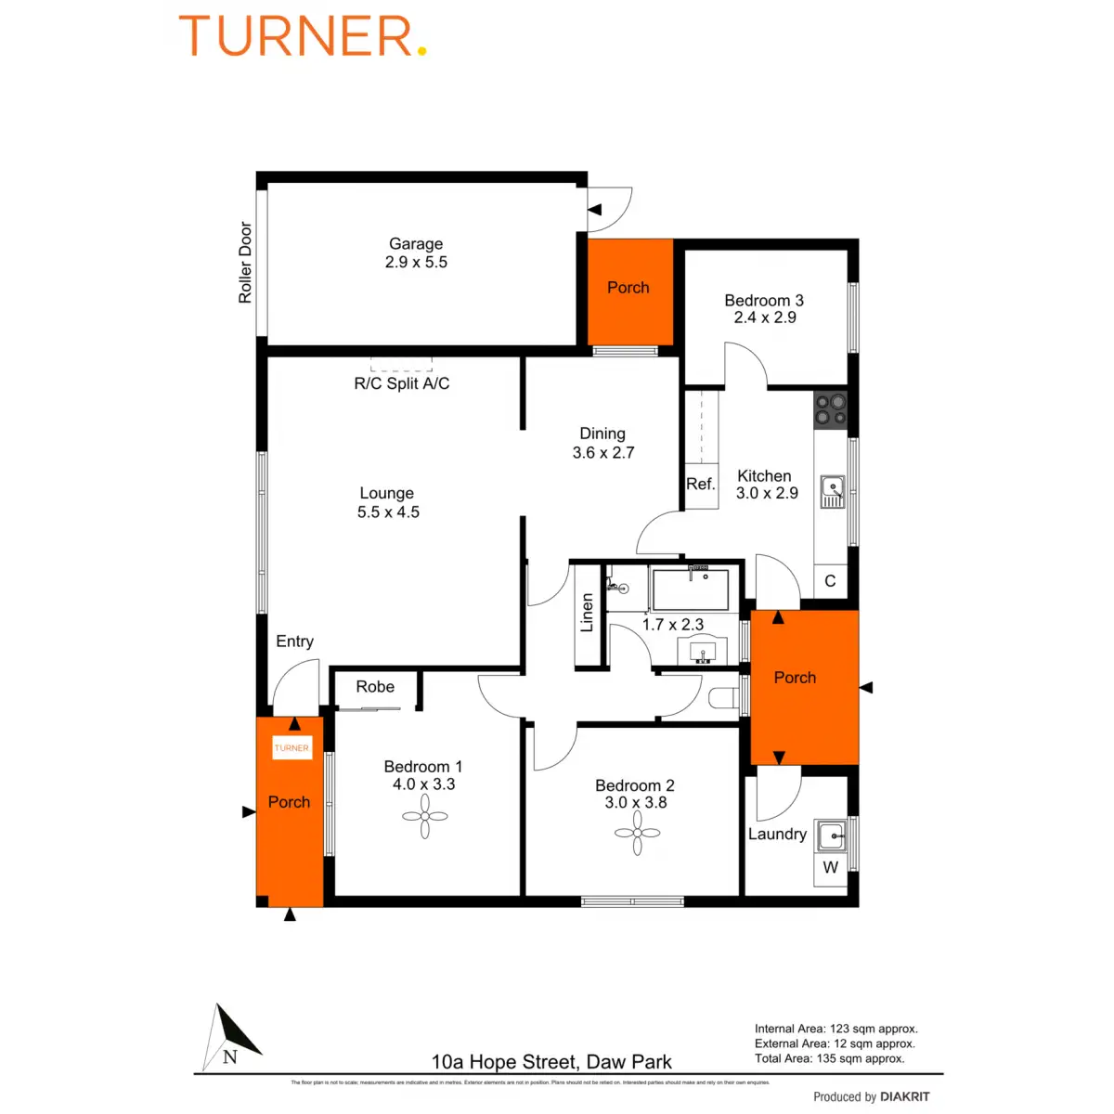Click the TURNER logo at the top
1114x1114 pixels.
(302, 37)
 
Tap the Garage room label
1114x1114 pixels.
(416, 244)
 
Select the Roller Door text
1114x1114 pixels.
(245, 262)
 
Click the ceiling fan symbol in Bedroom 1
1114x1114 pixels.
(425, 817)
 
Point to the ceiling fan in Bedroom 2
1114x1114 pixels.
(638, 833)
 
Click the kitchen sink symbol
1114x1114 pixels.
(832, 491)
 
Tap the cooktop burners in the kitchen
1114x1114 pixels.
(831, 410)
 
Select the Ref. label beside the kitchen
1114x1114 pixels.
(701, 484)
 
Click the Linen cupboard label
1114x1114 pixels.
(587, 614)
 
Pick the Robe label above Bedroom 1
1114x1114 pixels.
(375, 687)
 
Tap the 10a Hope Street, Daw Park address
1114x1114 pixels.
(551, 1062)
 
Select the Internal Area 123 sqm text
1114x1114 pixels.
(835, 1029)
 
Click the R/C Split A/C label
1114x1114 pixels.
(402, 383)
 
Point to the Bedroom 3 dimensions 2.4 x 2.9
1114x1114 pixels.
(765, 317)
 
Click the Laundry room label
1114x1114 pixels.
(777, 834)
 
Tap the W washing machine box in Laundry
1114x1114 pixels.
(830, 867)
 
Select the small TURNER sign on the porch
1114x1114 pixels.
(291, 747)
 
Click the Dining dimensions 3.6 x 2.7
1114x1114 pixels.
(603, 453)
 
